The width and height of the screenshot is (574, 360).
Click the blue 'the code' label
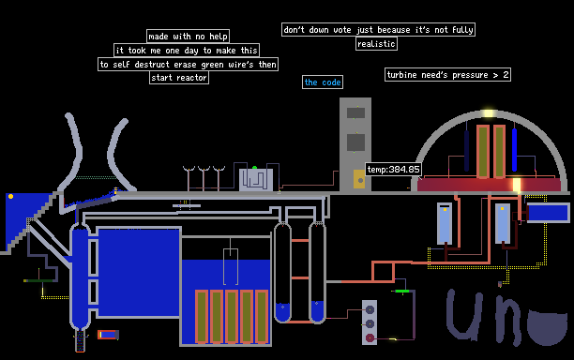(323, 82)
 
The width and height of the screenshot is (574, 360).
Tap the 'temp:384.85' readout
(393, 170)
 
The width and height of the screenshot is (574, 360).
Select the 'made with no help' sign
(189, 37)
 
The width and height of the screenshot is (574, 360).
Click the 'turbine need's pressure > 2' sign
(447, 75)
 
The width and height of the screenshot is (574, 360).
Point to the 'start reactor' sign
(179, 78)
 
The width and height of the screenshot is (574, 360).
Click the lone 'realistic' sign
(376, 44)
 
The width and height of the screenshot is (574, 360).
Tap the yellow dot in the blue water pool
(10, 197)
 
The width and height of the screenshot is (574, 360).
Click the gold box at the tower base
(359, 179)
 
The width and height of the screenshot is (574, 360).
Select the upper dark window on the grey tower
(355, 113)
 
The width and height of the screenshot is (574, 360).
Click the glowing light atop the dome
(489, 113)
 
